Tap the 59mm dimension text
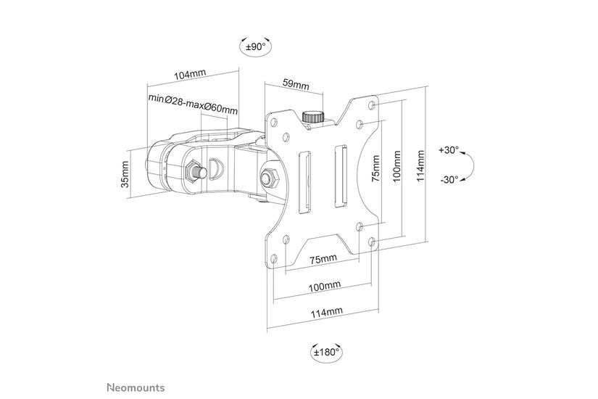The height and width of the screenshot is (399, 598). (x=296, y=86)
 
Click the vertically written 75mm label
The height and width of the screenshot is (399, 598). (x=375, y=172)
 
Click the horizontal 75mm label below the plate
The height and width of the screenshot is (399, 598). (x=323, y=259)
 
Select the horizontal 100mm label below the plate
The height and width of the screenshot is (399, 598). (x=324, y=287)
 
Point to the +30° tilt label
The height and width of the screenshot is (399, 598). (x=449, y=150)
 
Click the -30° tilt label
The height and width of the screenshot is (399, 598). (x=449, y=178)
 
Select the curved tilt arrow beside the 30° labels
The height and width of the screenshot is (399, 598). (x=469, y=165)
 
